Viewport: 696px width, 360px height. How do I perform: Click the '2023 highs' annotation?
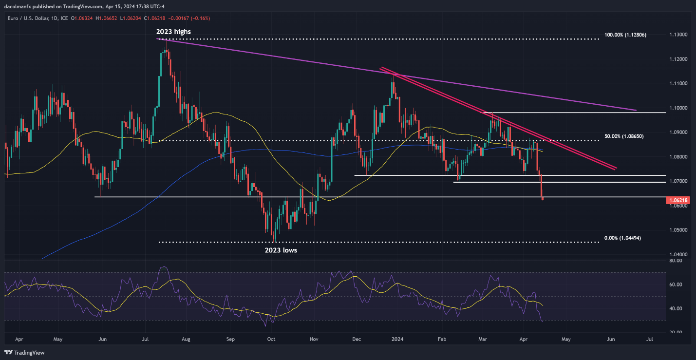click(x=173, y=32)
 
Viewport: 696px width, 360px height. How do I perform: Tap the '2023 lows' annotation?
click(x=280, y=250)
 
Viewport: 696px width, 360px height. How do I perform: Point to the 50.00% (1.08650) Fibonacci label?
click(x=624, y=136)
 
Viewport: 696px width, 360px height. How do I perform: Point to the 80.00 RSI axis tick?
click(x=675, y=261)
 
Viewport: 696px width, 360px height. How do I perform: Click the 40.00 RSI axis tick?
click(x=675, y=309)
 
